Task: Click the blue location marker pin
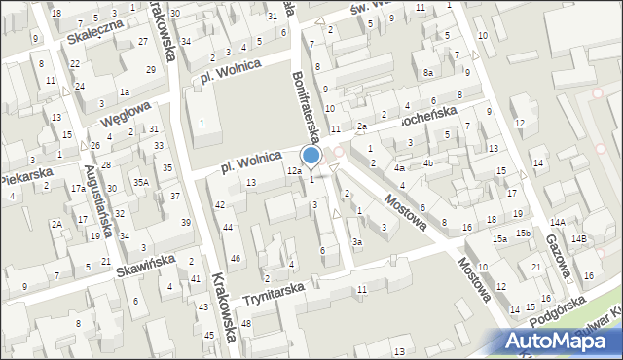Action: coord(311,156)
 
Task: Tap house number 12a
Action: coord(293,171)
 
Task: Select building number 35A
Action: coord(141,182)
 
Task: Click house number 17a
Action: coord(78,189)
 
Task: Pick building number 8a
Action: coord(428,73)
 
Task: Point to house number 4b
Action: coord(427,162)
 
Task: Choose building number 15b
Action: coord(523,233)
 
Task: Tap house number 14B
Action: coord(579,238)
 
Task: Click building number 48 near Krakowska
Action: coord(246,323)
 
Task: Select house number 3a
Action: coord(357,241)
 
